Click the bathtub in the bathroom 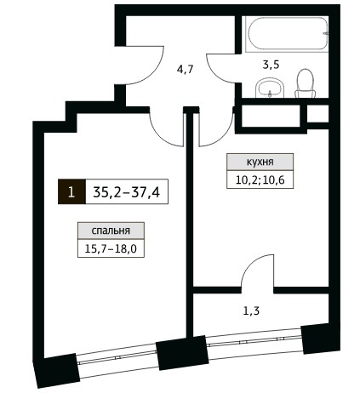pyautogui.click(x=287, y=34)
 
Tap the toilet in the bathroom pyautogui.click(x=305, y=83)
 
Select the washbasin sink pyautogui.click(x=270, y=88)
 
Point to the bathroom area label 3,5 pyautogui.click(x=271, y=65)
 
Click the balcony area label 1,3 pyautogui.click(x=251, y=311)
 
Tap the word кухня pyautogui.click(x=260, y=162)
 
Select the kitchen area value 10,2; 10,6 pyautogui.click(x=260, y=179)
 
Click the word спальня pyautogui.click(x=111, y=231)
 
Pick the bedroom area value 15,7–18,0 pyautogui.click(x=111, y=248)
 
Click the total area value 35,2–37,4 pyautogui.click(x=127, y=192)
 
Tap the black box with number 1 pyautogui.click(x=71, y=191)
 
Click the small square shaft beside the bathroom pyautogui.click(x=317, y=114)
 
